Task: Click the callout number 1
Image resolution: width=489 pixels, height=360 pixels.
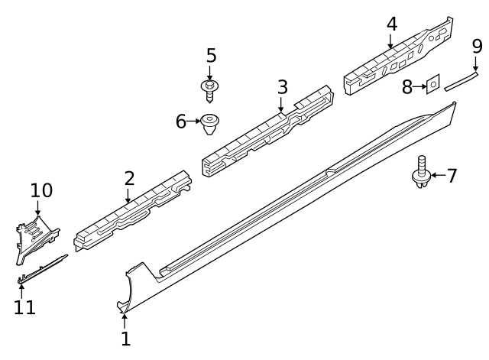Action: [125, 337]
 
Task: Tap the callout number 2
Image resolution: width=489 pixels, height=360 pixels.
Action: [129, 179]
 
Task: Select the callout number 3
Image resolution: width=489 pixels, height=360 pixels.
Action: [282, 86]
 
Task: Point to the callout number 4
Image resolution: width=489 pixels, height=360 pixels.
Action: [391, 24]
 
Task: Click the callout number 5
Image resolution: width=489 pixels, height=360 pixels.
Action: [211, 56]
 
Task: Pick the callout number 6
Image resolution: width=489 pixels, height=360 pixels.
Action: [181, 122]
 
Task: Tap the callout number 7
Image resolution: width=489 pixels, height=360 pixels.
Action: [452, 177]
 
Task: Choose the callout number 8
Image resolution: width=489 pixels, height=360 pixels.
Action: [408, 86]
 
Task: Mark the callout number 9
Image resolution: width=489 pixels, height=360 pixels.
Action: [477, 46]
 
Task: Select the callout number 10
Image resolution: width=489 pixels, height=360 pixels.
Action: [42, 190]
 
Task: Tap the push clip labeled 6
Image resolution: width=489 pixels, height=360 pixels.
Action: [209, 125]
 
